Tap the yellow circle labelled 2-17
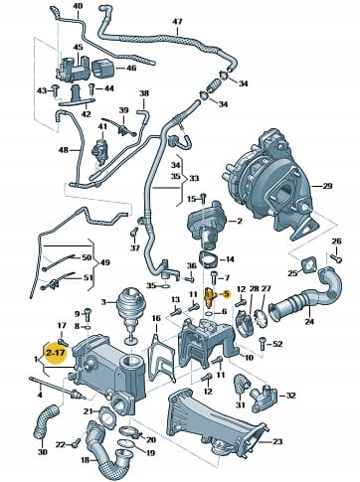56,353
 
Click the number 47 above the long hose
177,22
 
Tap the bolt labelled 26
336,257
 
